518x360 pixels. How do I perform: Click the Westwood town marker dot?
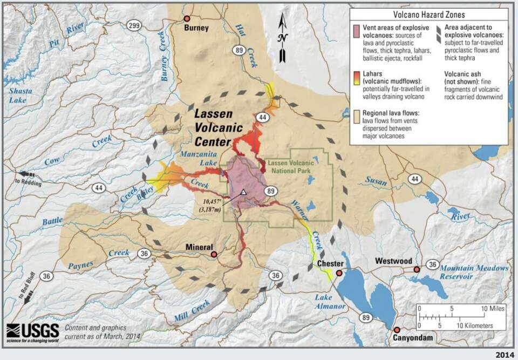[x=417, y=269]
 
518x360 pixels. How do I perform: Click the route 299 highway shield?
[x=135, y=25]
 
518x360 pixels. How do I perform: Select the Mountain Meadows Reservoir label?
[x=474, y=272]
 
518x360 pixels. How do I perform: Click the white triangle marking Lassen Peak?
[x=243, y=192]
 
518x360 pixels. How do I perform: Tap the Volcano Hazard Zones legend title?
[x=429, y=15]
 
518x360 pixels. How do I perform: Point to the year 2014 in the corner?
[x=504, y=354]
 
